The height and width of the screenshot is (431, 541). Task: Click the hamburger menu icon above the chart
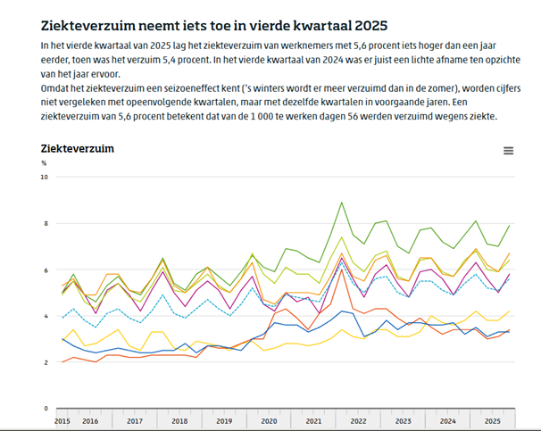(x=508, y=151)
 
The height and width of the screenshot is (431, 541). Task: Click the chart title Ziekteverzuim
(x=77, y=148)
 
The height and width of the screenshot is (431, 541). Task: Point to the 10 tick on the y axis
(x=44, y=177)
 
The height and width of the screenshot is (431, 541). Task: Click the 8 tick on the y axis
(x=46, y=223)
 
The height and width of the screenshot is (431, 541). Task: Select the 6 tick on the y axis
(x=46, y=269)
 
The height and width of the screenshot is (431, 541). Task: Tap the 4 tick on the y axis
(x=46, y=316)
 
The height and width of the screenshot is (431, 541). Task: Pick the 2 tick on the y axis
(x=46, y=362)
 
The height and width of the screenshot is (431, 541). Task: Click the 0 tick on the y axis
(x=46, y=409)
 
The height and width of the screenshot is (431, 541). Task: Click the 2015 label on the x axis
(x=62, y=419)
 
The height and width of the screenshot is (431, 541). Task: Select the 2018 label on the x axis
(x=179, y=419)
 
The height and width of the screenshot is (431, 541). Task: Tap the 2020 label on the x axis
(x=269, y=419)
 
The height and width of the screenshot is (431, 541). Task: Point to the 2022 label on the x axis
(x=359, y=419)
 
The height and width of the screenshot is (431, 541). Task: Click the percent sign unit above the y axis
(x=43, y=163)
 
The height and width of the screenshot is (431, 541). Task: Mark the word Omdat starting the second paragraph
(x=57, y=89)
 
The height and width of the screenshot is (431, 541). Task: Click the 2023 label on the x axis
(x=404, y=419)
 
